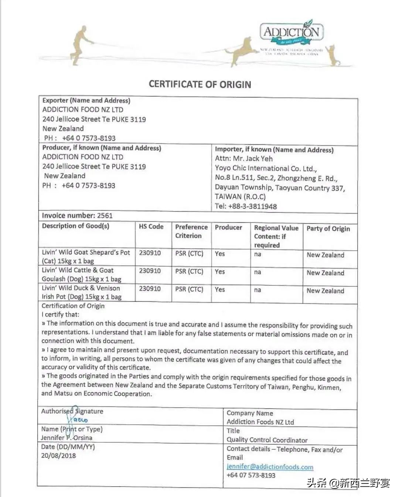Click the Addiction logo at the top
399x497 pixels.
(x=291, y=32)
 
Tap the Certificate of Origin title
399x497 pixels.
(x=200, y=85)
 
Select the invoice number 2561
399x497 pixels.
(x=105, y=216)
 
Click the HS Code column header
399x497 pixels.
(x=151, y=227)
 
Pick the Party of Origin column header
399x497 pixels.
(x=328, y=229)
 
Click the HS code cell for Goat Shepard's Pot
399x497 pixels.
(x=150, y=253)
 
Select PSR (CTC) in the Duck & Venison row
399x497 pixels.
(x=189, y=289)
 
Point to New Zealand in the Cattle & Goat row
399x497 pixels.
(x=325, y=273)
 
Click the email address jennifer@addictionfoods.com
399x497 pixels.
(x=270, y=467)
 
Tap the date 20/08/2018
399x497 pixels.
(x=58, y=456)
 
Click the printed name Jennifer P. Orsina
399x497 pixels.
(x=66, y=438)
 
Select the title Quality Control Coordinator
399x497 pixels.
(x=267, y=440)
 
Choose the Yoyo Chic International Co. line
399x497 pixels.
(x=266, y=169)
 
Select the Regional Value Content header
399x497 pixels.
(x=276, y=236)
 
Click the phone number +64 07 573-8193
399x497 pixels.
(x=251, y=475)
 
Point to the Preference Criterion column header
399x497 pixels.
(x=191, y=231)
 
